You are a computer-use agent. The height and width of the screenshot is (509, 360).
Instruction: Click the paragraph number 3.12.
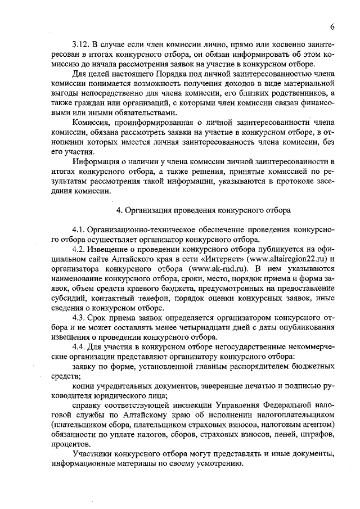(80, 44)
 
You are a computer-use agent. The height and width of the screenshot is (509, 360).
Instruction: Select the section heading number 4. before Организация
(119, 210)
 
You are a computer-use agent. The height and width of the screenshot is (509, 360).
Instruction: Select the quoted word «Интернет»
(223, 259)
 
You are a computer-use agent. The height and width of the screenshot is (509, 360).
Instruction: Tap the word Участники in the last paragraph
(92, 454)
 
